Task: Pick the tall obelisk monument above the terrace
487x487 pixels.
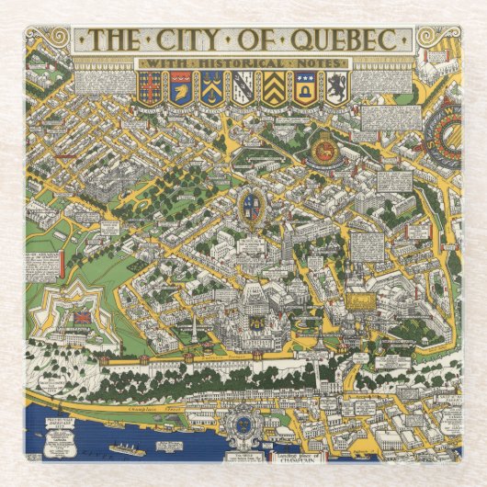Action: (x=194, y=327)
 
